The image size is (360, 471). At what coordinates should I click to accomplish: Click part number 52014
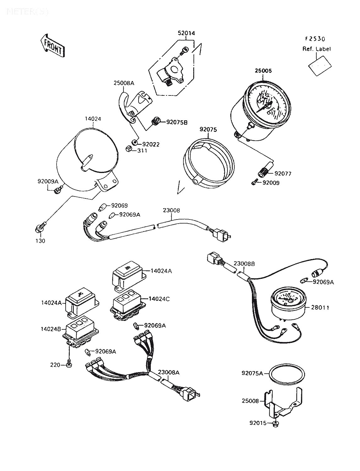coord(186,33)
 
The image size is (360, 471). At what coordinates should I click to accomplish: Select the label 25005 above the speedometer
coord(264,71)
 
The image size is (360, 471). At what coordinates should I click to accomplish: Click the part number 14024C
coord(159,299)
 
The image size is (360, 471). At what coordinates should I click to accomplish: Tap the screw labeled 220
coord(69,365)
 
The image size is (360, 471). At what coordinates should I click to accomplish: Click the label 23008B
coord(244,264)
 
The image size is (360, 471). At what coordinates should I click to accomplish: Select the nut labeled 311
coord(129,149)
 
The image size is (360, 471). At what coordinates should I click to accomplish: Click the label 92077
coord(283,173)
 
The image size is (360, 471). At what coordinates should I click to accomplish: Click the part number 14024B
coord(51,329)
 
